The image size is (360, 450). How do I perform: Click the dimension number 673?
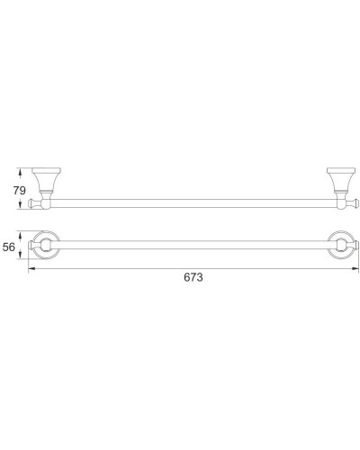coord(193,278)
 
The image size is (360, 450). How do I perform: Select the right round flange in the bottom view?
coord(341,245)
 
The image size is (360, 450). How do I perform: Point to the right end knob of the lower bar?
coord(354,245)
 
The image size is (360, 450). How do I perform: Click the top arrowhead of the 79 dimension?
coord(27,169)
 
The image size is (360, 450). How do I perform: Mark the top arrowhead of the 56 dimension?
coord(27,233)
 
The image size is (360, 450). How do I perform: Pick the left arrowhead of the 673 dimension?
coord(31,268)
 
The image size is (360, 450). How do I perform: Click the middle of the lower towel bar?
coord(193,245)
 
